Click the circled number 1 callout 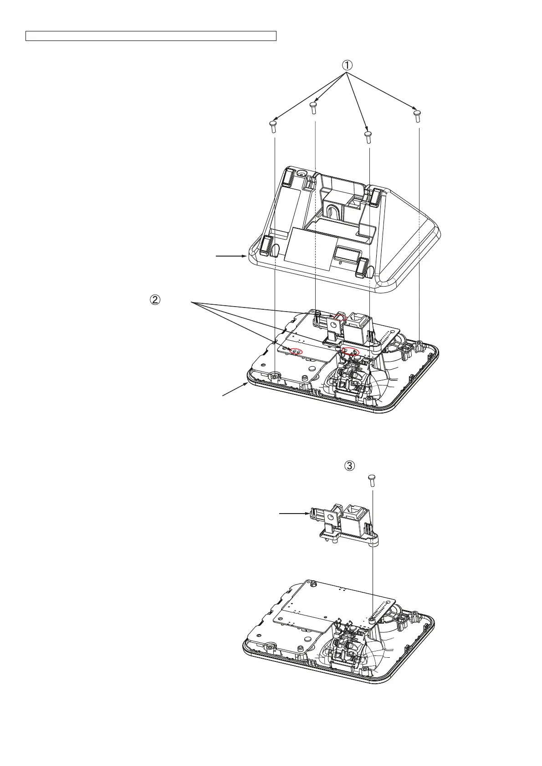point(347,65)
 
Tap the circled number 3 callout point(349,465)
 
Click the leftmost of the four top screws point(273,126)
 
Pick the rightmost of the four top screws point(416,115)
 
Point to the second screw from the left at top point(313,107)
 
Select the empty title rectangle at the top point(151,36)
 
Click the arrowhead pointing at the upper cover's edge point(246,257)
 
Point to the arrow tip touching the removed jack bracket point(308,514)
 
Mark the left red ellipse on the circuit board point(297,351)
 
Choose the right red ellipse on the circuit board point(351,351)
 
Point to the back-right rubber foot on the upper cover point(377,195)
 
